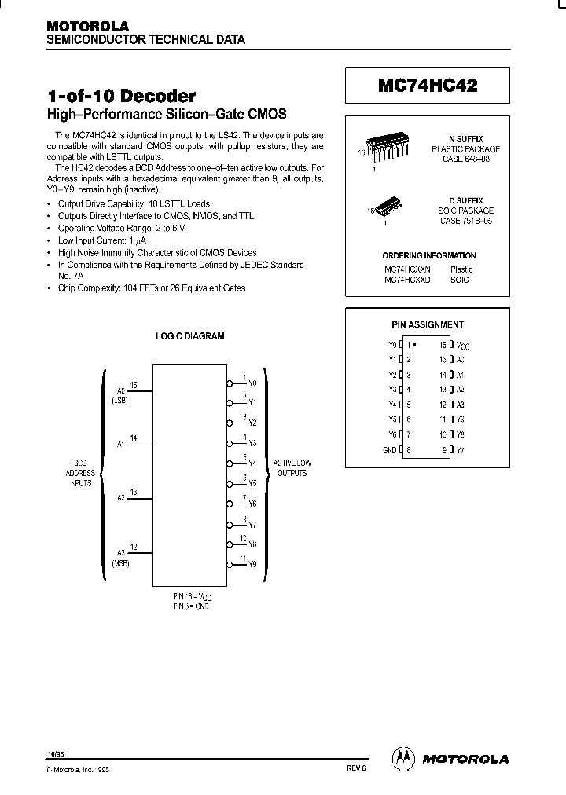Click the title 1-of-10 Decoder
coord(122,97)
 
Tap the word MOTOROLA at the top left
coord(87,26)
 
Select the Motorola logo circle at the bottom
coord(402,757)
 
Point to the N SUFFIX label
coord(466,138)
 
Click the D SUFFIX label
coord(467,201)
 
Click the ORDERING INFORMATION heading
coord(429,255)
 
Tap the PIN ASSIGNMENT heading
coord(428,324)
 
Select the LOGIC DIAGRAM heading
coord(190,335)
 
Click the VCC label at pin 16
coord(465,346)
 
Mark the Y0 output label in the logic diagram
coord(252,383)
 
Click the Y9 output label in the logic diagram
coord(252,564)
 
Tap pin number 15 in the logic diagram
coord(134,385)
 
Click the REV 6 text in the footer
coord(356,769)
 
